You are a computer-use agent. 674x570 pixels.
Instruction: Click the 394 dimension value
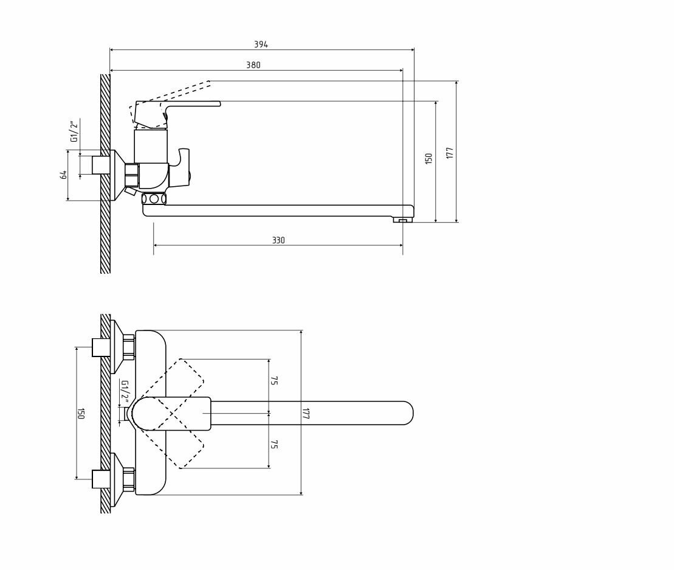[261, 44]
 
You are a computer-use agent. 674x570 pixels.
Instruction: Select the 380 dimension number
[253, 65]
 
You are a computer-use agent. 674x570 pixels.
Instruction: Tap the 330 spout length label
[278, 241]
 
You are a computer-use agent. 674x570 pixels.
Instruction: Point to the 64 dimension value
[63, 175]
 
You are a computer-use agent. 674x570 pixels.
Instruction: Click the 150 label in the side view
[428, 158]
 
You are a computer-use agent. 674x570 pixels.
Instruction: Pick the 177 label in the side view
[450, 152]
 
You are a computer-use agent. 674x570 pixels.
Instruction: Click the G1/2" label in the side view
[74, 131]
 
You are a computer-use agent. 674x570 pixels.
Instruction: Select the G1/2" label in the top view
[124, 392]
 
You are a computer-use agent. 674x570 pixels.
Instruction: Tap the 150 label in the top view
[81, 414]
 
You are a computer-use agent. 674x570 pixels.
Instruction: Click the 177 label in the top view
[306, 414]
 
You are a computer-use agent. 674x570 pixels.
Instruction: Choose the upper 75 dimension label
[274, 381]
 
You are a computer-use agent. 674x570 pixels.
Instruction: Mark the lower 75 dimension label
[274, 445]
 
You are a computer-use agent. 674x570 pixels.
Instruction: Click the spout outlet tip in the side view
[402, 220]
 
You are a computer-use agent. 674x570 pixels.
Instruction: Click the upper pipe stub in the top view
[100, 347]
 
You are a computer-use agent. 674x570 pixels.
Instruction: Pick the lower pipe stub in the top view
[100, 479]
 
